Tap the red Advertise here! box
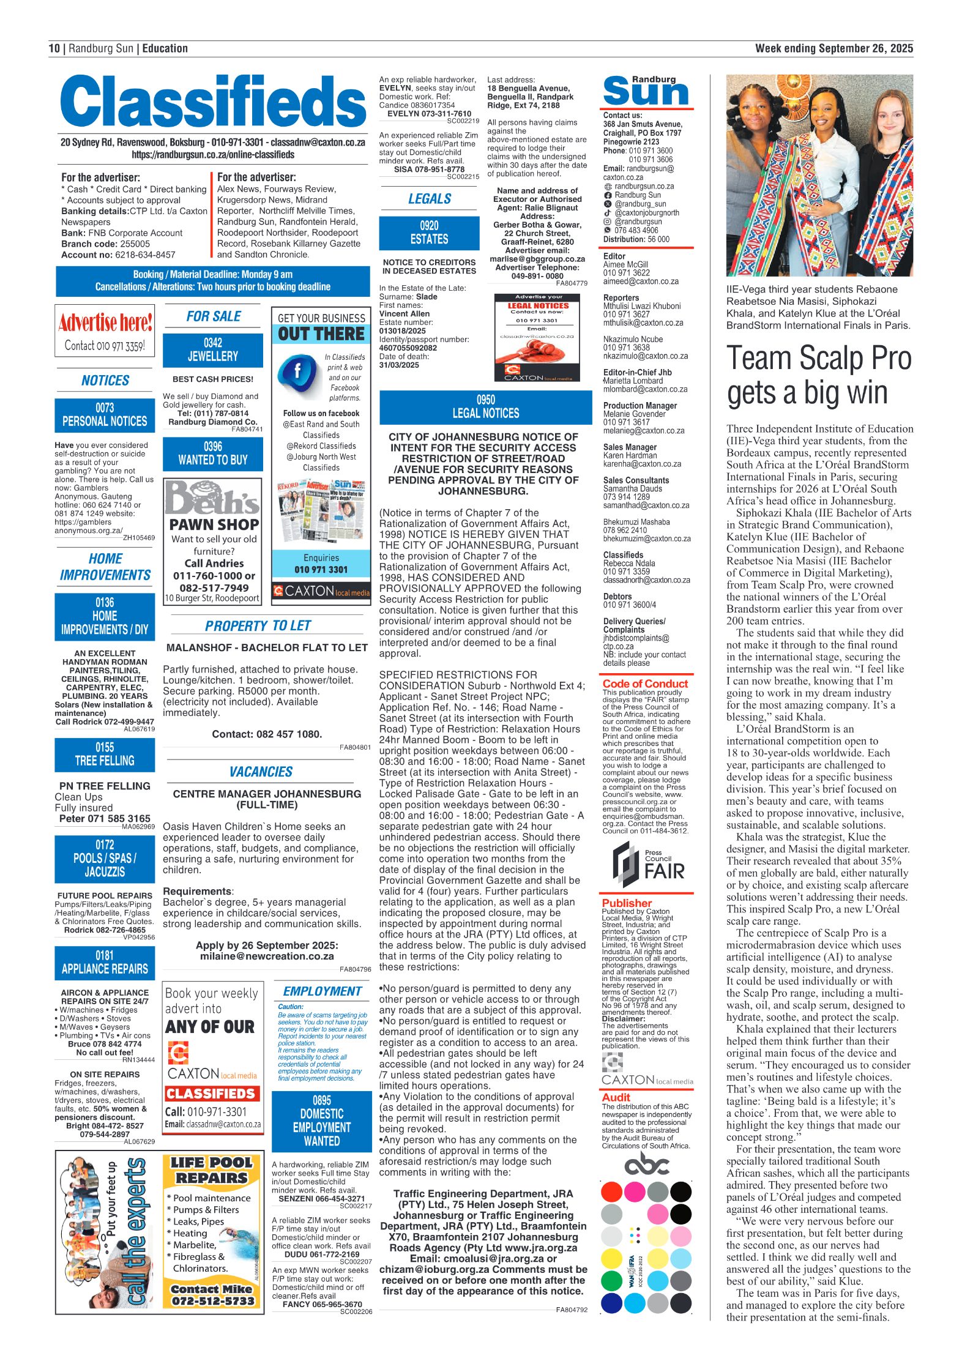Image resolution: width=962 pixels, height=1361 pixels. (105, 330)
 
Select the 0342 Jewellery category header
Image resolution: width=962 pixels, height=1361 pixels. (213, 349)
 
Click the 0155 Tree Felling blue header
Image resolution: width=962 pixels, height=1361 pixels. (105, 755)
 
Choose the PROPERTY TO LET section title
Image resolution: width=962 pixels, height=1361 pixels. (258, 625)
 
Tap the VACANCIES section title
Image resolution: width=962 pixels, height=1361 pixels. (261, 772)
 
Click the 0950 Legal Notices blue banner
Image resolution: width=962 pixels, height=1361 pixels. (485, 407)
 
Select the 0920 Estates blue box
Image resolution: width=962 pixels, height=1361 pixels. (429, 233)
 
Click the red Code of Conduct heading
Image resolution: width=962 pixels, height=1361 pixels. (645, 684)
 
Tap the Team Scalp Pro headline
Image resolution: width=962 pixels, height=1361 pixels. (819, 375)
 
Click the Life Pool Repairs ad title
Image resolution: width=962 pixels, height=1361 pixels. (211, 1170)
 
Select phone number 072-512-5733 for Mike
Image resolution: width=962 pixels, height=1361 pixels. (212, 1301)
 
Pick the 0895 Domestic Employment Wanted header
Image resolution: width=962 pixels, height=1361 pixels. (322, 1120)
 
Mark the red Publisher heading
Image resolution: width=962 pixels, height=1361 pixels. (627, 903)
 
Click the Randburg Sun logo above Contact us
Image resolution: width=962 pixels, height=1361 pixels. (647, 91)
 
